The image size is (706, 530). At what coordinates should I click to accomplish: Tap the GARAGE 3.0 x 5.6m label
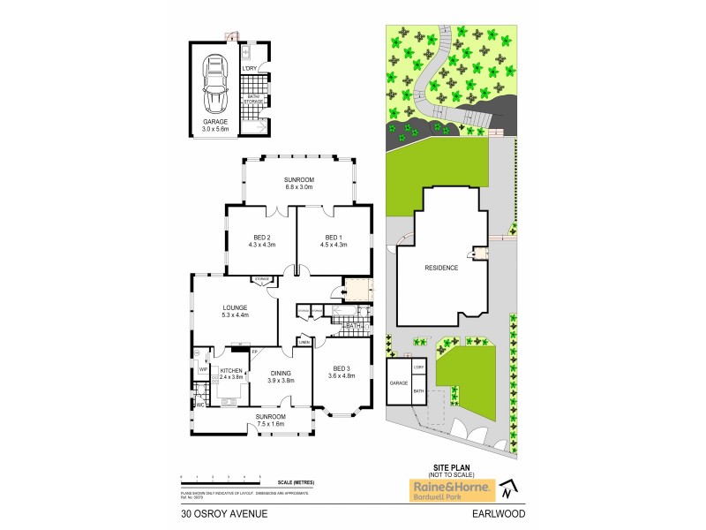click(215, 125)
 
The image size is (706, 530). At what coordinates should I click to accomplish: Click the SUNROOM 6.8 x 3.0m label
click(299, 183)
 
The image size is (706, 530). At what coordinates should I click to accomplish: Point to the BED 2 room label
click(262, 240)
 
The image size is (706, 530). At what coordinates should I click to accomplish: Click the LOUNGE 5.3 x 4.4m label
click(234, 311)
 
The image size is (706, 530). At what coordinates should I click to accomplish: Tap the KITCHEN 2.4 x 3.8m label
click(231, 374)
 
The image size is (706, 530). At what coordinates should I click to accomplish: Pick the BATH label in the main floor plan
click(353, 327)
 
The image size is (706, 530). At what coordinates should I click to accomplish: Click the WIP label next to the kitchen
click(203, 369)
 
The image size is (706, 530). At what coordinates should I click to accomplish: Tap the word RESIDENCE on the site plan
click(441, 268)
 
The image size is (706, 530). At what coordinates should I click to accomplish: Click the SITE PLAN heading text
click(441, 469)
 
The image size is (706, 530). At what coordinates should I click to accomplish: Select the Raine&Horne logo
click(441, 488)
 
